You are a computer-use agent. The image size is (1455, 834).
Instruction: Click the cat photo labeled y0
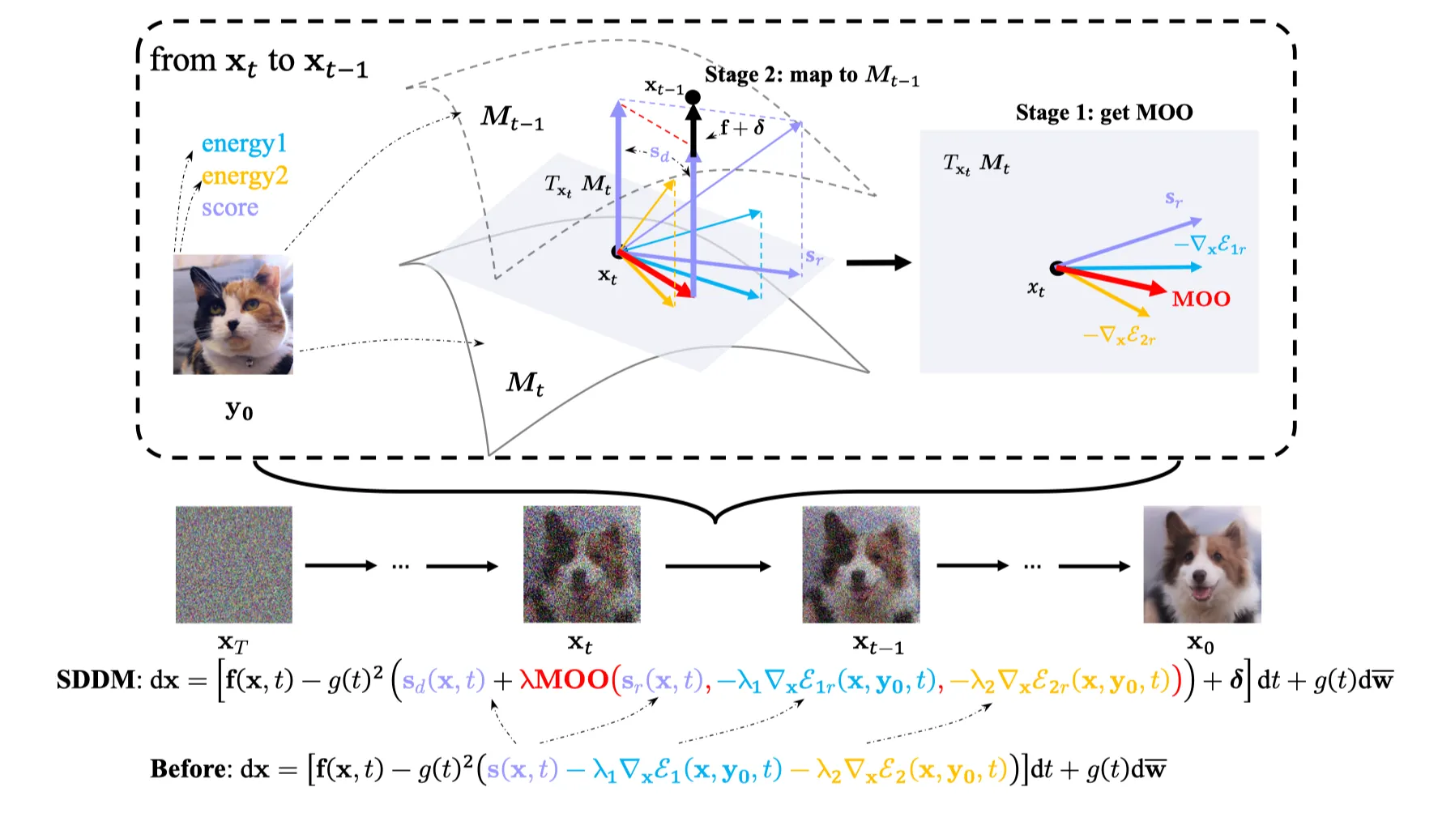pos(233,314)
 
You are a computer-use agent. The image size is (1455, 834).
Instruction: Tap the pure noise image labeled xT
pos(233,564)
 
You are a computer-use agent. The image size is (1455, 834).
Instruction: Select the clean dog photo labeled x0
pos(1201,564)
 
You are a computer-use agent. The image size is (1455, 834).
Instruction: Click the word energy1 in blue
pos(244,144)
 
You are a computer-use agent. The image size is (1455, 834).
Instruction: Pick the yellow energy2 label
pos(244,176)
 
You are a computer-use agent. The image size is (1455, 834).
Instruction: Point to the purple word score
pos(230,208)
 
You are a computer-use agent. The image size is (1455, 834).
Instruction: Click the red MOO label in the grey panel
pos(1201,299)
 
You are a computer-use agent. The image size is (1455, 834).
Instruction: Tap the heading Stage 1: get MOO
pos(1103,113)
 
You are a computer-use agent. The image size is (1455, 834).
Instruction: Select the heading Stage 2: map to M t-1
pos(812,75)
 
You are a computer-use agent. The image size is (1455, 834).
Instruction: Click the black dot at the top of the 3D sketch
pos(693,97)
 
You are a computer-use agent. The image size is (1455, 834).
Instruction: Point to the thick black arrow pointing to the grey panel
pos(878,262)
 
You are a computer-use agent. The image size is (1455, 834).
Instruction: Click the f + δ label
pos(742,128)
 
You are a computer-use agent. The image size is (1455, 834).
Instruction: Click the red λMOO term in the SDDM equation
pos(564,680)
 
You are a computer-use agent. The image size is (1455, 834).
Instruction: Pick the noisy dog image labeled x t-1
pos(860,564)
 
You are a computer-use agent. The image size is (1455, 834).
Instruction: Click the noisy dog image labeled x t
pos(582,564)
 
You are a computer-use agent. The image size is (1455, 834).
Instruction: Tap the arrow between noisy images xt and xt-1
pos(718,566)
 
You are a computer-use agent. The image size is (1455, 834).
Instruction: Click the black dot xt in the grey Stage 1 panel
pos(1057,268)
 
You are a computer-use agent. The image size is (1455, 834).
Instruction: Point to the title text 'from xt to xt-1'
pos(259,62)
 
